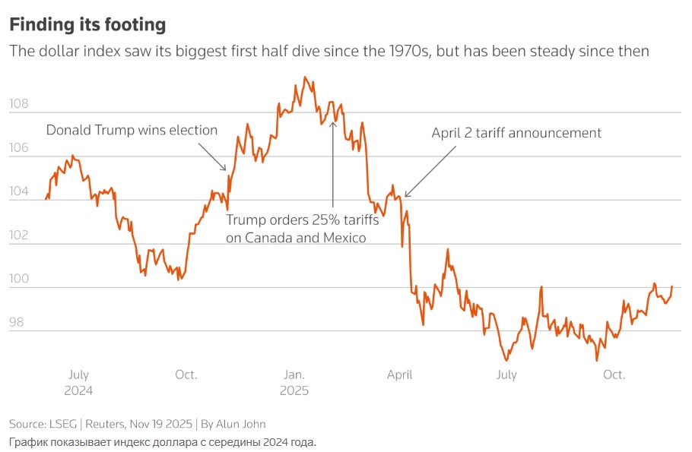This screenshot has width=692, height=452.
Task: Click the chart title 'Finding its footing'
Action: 87,24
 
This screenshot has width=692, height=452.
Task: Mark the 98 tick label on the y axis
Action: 17,323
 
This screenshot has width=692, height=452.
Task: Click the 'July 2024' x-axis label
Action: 78,382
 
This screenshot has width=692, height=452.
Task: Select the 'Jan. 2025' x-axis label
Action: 294,382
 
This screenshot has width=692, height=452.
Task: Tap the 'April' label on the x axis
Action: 400,375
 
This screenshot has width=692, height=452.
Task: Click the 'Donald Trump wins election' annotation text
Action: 132,130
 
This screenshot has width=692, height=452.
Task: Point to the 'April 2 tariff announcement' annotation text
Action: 516,133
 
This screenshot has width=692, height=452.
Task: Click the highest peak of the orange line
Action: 304,77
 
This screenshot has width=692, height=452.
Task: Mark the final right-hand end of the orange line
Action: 671,286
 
